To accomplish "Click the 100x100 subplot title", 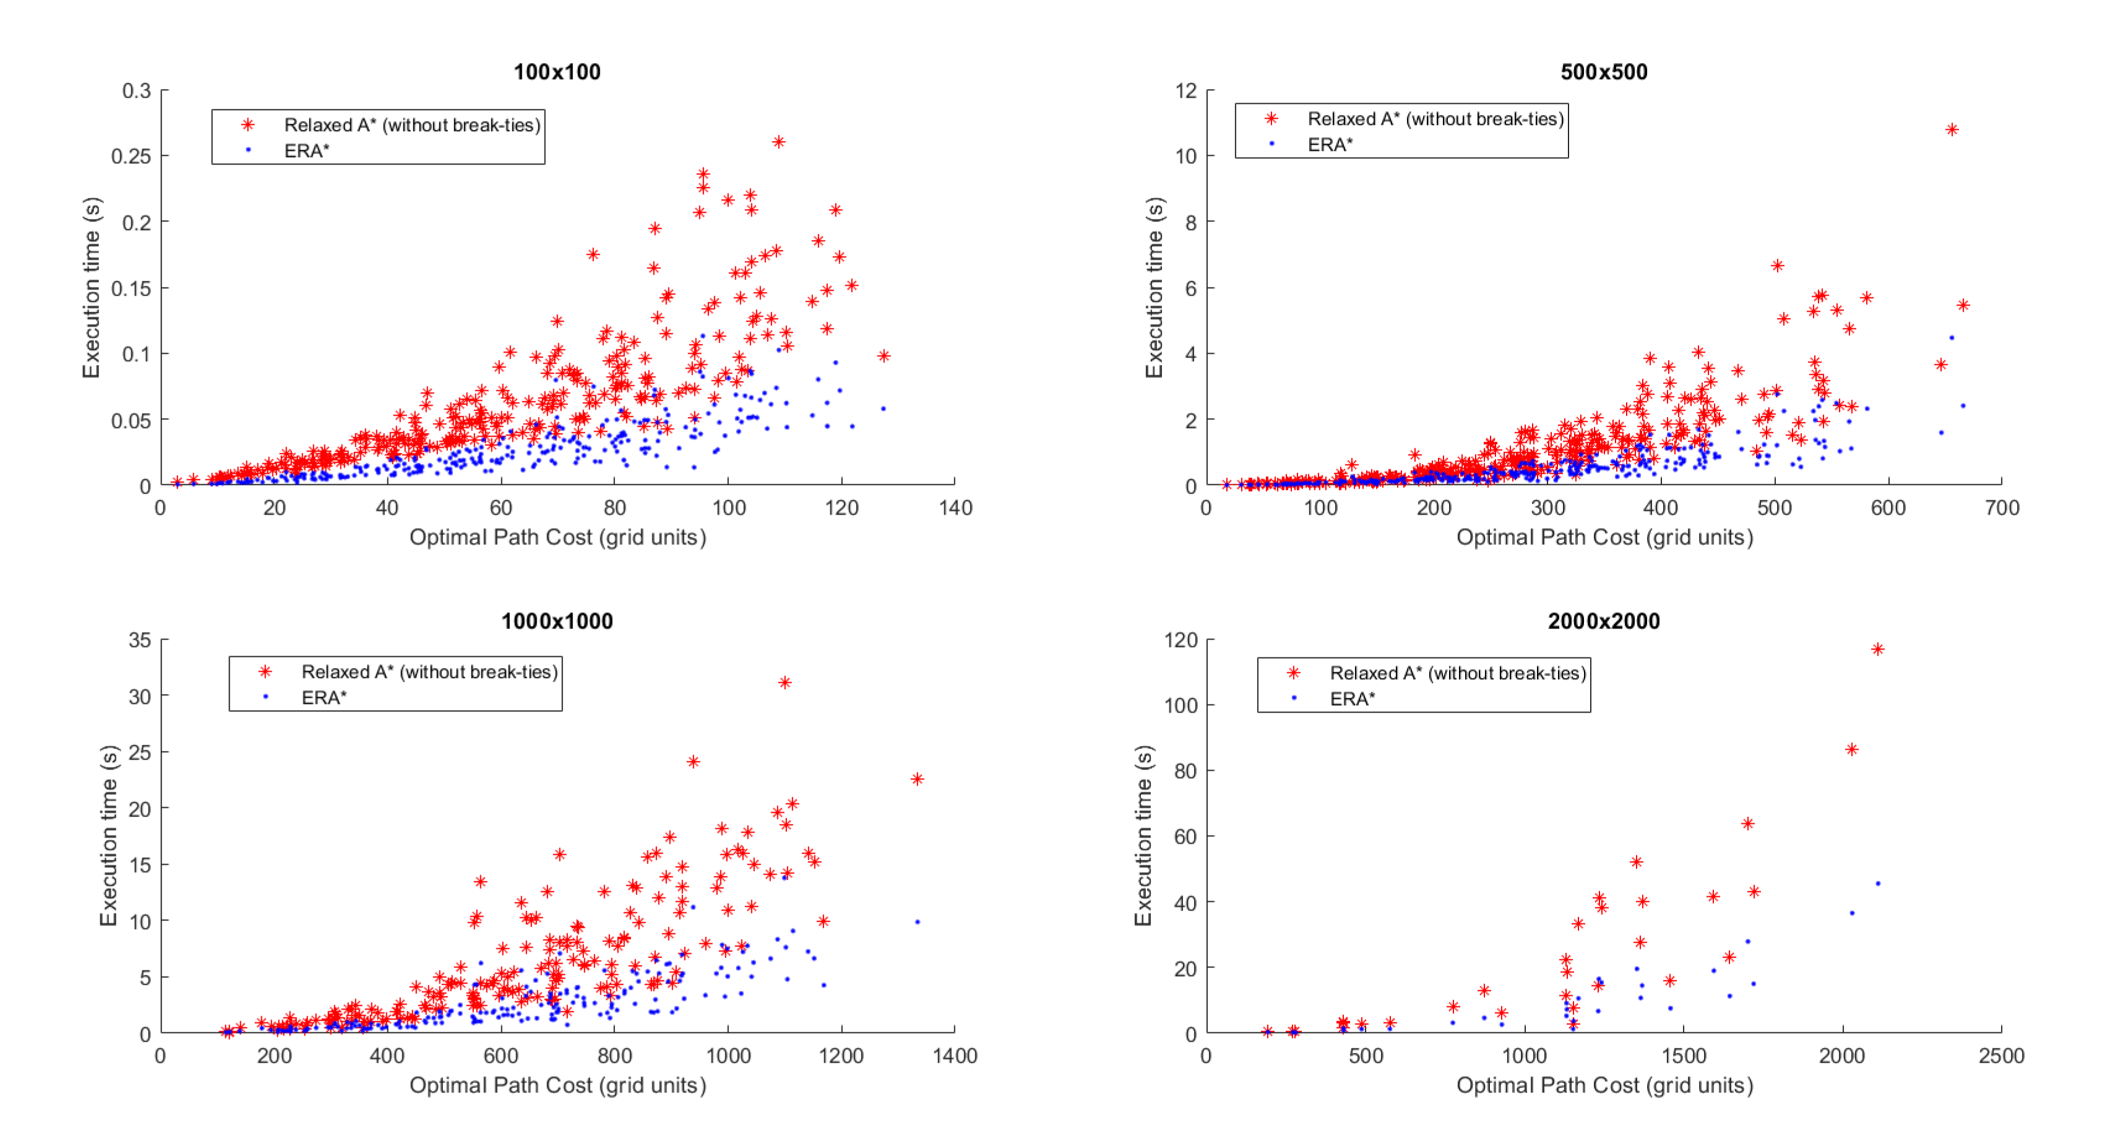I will pos(557,72).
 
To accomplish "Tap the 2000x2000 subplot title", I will pos(1604,621).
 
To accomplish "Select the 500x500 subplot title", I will pos(1604,72).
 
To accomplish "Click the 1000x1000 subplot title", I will pos(557,621).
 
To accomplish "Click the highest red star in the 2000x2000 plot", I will pos(1878,649).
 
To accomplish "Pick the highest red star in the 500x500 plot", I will pos(1952,130).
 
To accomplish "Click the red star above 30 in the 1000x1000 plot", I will pos(785,682).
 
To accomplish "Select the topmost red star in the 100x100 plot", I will pos(778,142).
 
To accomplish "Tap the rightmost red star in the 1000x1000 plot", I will pos(917,779).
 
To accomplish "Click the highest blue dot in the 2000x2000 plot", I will pos(1878,883).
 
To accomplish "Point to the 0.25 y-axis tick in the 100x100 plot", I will pos(131,156).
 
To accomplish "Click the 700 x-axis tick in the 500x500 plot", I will pos(2002,508).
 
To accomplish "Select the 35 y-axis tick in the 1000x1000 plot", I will pos(139,640).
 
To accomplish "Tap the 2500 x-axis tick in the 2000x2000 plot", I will pos(2002,1056).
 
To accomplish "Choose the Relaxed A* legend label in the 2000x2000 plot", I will pos(1458,674).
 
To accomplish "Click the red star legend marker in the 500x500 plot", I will pos(1272,119).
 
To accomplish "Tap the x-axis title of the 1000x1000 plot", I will pos(557,1085).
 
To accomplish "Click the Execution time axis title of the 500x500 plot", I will pos(1154,287).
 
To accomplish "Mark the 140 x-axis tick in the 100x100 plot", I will pos(955,508).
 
